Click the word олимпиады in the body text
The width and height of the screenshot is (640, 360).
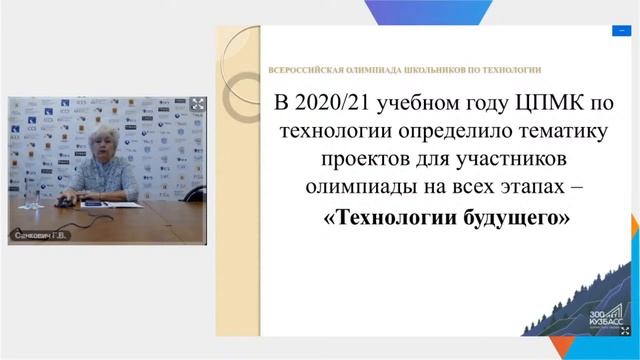[348, 188]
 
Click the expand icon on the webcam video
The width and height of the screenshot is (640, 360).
[197, 104]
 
